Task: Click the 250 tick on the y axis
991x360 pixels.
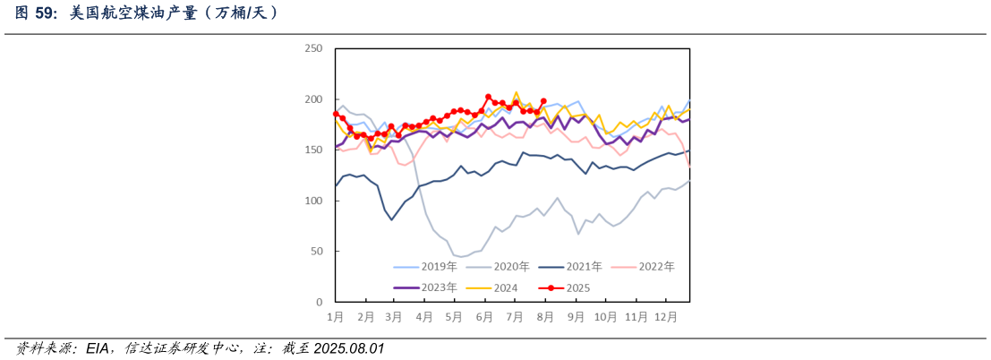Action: click(x=313, y=48)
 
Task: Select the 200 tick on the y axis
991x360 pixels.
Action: click(x=313, y=99)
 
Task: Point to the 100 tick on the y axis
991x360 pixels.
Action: click(x=313, y=201)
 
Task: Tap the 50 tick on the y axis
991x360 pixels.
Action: click(x=316, y=253)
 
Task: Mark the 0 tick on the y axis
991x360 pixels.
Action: click(x=319, y=303)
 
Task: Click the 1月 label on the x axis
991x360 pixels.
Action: click(x=336, y=317)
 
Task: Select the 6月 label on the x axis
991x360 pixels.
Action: click(x=484, y=317)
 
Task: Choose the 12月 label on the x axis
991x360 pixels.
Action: click(x=665, y=317)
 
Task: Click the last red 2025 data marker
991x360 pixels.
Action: click(x=543, y=101)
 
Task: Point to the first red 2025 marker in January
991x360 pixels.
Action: click(x=336, y=114)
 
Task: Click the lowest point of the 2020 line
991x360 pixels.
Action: click(x=462, y=257)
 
